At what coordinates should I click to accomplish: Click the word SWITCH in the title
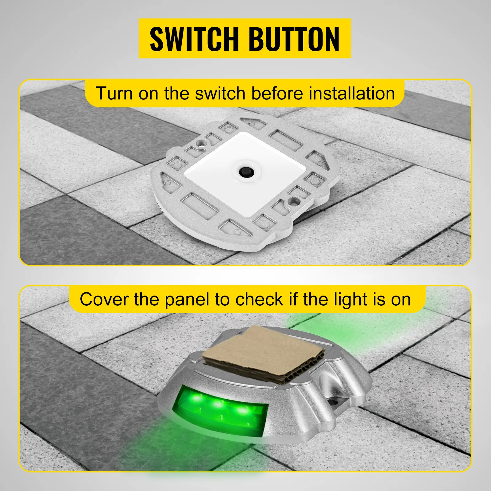(194, 39)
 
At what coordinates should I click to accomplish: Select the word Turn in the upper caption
(114, 93)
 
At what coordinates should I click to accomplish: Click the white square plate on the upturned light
(245, 172)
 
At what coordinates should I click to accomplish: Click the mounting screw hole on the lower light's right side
(333, 401)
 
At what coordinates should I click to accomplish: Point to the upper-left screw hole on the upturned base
(201, 143)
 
